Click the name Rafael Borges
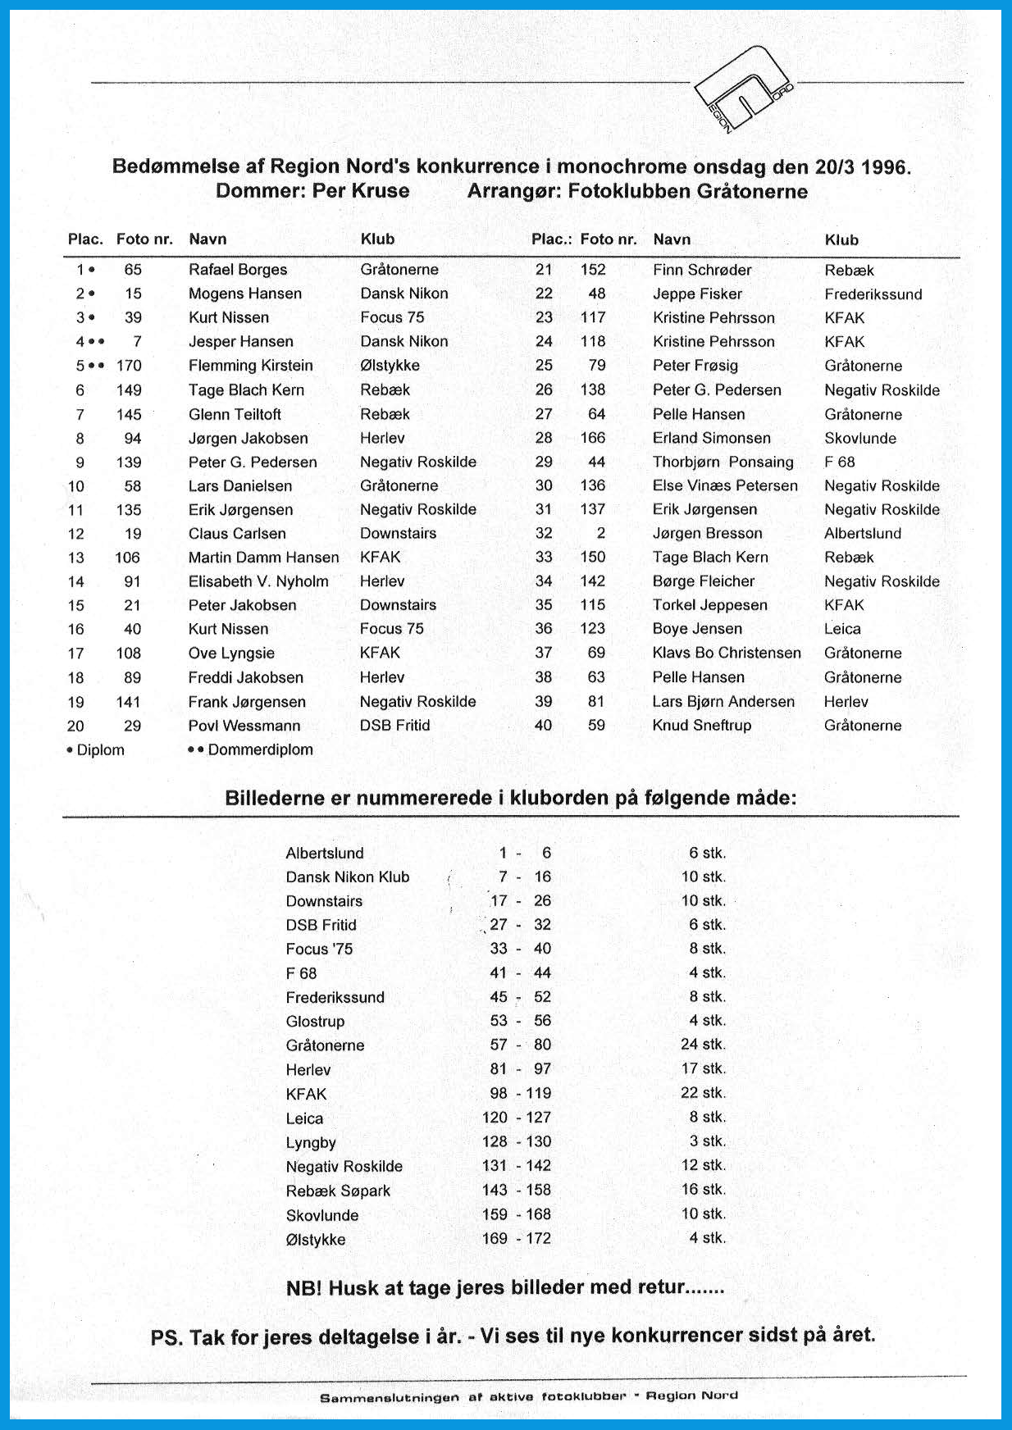[238, 270]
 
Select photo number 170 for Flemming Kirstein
[129, 366]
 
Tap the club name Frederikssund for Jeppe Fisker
[873, 294]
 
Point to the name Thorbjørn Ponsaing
[723, 462]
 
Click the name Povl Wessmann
[244, 726]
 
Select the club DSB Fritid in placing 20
[394, 726]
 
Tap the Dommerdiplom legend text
[260, 749]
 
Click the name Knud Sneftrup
[701, 726]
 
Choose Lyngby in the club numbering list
[311, 1142]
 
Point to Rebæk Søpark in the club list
[338, 1191]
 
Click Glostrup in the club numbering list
[315, 1022]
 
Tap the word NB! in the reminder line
[303, 1288]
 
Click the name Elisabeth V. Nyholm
[258, 581]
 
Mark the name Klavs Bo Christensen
[727, 654]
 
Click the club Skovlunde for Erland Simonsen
[860, 439]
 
